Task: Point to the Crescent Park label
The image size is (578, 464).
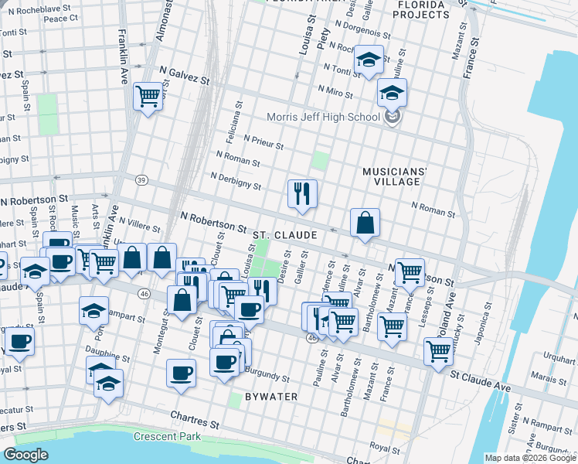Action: [166, 436]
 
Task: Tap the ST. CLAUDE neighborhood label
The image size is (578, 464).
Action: [284, 234]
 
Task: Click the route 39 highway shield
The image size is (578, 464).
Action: [141, 180]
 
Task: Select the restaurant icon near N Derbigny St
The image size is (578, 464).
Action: [302, 193]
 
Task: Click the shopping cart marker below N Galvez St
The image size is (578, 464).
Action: [147, 97]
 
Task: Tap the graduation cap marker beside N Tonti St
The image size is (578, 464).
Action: [369, 60]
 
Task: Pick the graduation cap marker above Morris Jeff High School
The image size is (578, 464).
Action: [392, 94]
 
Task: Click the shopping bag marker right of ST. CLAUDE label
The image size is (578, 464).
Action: [365, 223]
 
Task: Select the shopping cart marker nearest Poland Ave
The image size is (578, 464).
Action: [438, 350]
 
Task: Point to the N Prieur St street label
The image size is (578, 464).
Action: [263, 143]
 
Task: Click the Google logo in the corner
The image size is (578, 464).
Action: [26, 455]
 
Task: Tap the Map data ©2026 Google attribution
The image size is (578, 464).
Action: [529, 458]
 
